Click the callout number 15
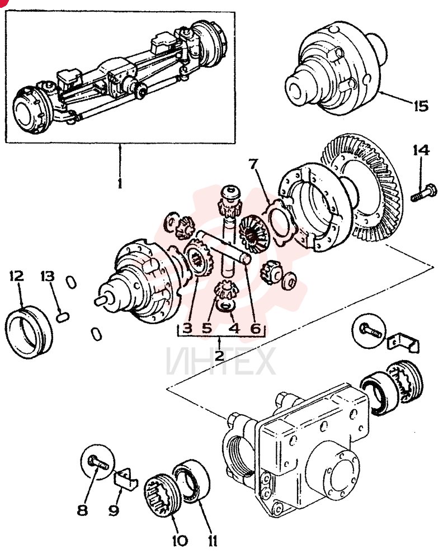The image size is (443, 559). (x=421, y=106)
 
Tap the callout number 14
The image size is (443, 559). (x=421, y=150)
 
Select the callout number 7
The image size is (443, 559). (x=253, y=164)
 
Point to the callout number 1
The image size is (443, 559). (x=120, y=183)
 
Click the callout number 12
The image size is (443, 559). (x=16, y=276)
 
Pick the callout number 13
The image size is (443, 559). (x=48, y=276)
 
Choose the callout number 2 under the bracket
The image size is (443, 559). (x=219, y=356)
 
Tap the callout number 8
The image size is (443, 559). (x=82, y=510)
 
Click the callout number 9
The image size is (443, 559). (x=114, y=510)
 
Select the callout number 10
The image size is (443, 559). (x=180, y=541)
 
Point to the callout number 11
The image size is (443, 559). (x=213, y=541)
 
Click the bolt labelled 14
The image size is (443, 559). (x=424, y=192)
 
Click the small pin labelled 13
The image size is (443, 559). (x=63, y=317)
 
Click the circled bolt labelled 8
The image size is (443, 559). (x=98, y=463)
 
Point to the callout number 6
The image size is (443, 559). (x=256, y=328)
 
